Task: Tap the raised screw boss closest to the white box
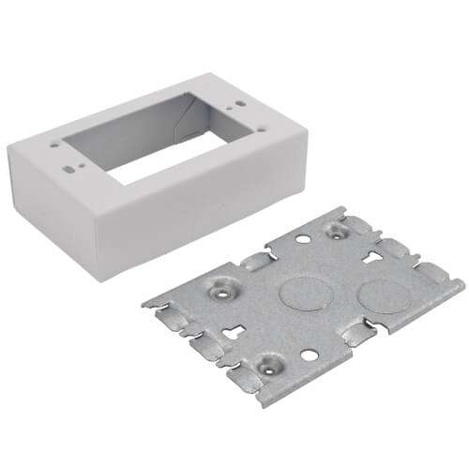click(x=336, y=231)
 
